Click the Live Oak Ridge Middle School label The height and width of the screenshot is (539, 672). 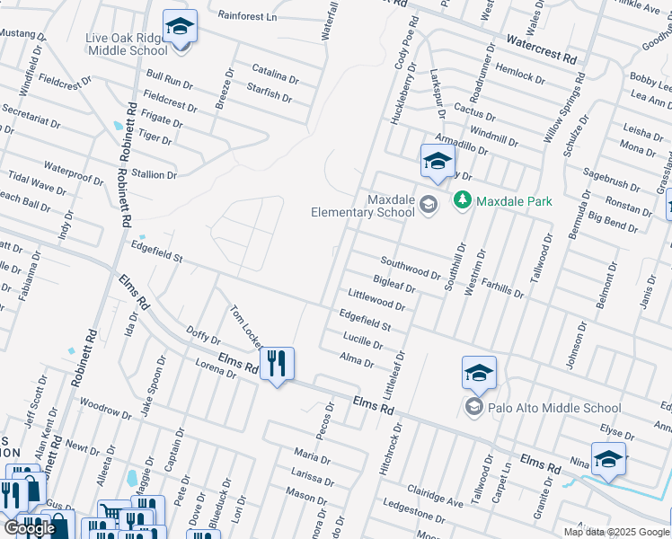point(126,45)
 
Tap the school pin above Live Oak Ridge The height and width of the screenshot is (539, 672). point(180,26)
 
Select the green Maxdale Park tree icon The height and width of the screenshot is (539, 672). point(463,200)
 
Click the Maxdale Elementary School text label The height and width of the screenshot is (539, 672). point(363,206)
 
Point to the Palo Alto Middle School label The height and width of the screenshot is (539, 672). point(554,408)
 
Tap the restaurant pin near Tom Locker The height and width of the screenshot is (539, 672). point(277,364)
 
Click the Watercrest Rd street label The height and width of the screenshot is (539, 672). point(541,48)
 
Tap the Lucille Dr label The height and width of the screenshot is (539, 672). point(363,340)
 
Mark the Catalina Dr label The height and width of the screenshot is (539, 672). point(273,69)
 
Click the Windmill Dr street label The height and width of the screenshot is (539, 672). point(494,136)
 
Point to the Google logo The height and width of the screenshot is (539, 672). point(30,528)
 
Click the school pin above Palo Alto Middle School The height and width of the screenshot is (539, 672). point(479,372)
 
